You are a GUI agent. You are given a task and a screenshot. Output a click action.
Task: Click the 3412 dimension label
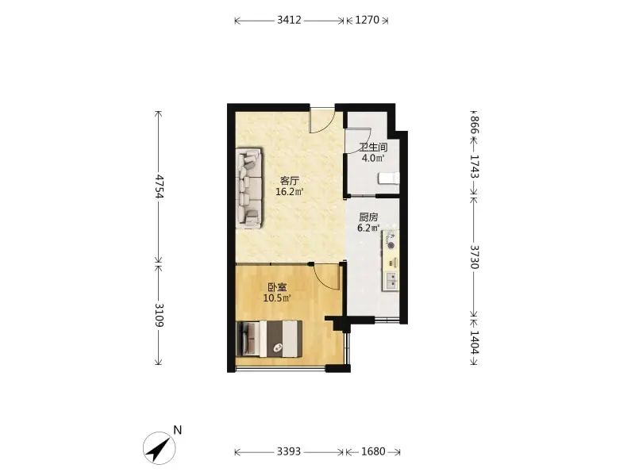point(289,20)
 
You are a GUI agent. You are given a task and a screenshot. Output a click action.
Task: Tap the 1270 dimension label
point(367,20)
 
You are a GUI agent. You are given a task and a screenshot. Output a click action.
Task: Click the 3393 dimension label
point(289,451)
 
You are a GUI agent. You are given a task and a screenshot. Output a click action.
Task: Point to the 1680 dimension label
point(373,451)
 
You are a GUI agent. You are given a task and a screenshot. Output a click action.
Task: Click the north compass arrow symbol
point(160,448)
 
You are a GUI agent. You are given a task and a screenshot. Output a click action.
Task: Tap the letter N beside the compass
point(177,430)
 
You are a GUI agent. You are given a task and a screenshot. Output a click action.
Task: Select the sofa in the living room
point(249,189)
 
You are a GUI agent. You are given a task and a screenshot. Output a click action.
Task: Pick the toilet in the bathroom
point(389,178)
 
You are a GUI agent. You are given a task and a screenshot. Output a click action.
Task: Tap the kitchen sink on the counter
point(391,281)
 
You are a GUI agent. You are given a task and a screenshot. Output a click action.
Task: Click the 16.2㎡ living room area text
point(290,191)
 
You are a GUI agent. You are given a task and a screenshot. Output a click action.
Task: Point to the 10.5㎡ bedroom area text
point(277,298)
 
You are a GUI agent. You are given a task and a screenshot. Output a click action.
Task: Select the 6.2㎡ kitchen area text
point(368,228)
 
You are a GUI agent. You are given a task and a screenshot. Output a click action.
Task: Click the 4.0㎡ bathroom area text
point(373,158)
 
